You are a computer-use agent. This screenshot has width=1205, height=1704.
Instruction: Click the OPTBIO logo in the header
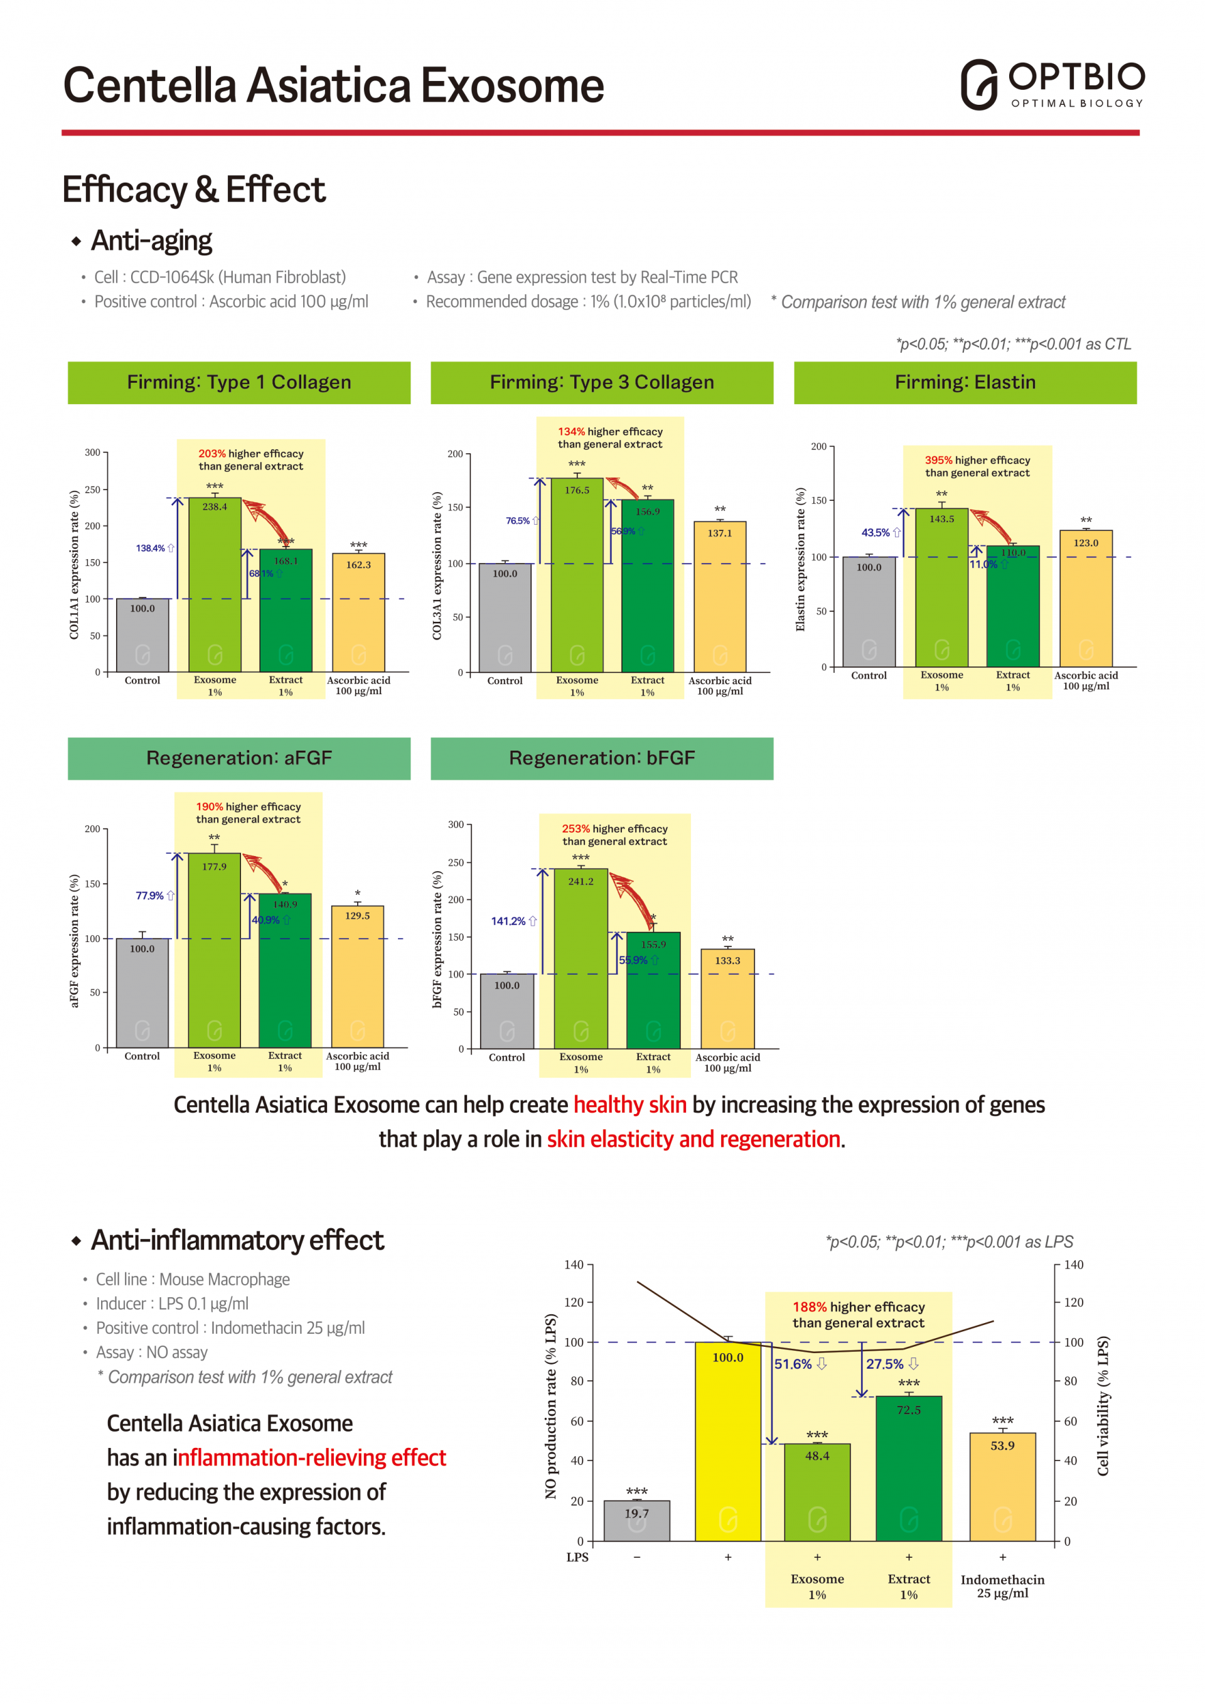1052,84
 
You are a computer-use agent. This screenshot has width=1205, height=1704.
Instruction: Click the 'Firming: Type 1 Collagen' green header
239,382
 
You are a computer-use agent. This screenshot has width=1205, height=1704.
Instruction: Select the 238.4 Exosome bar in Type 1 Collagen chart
215,585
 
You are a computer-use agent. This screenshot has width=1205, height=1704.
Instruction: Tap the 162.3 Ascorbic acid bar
358,613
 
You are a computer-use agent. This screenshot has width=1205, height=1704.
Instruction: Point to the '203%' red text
212,454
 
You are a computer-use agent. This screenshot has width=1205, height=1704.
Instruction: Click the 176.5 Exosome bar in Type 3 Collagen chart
577,575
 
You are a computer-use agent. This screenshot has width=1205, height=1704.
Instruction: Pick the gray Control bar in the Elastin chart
869,611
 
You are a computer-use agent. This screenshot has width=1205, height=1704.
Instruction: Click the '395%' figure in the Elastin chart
938,460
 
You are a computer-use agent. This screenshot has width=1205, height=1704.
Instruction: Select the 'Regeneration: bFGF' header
602,758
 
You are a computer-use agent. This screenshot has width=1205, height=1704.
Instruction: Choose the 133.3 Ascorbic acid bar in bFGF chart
727,998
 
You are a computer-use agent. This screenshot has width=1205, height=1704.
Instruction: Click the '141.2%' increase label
508,921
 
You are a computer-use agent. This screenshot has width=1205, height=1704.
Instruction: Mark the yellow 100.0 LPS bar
727,1441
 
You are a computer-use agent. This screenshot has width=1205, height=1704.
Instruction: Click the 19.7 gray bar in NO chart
636,1521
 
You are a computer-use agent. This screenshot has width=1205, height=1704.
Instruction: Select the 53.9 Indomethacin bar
1002,1487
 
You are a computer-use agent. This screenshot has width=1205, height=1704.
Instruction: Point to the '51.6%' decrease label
793,1364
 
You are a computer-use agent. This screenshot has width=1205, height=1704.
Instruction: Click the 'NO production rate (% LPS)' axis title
550,1407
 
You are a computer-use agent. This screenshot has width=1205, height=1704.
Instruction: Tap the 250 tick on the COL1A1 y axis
93,490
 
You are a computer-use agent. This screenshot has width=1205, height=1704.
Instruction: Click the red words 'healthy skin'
629,1105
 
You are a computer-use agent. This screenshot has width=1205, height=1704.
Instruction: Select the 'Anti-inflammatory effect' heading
237,1240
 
